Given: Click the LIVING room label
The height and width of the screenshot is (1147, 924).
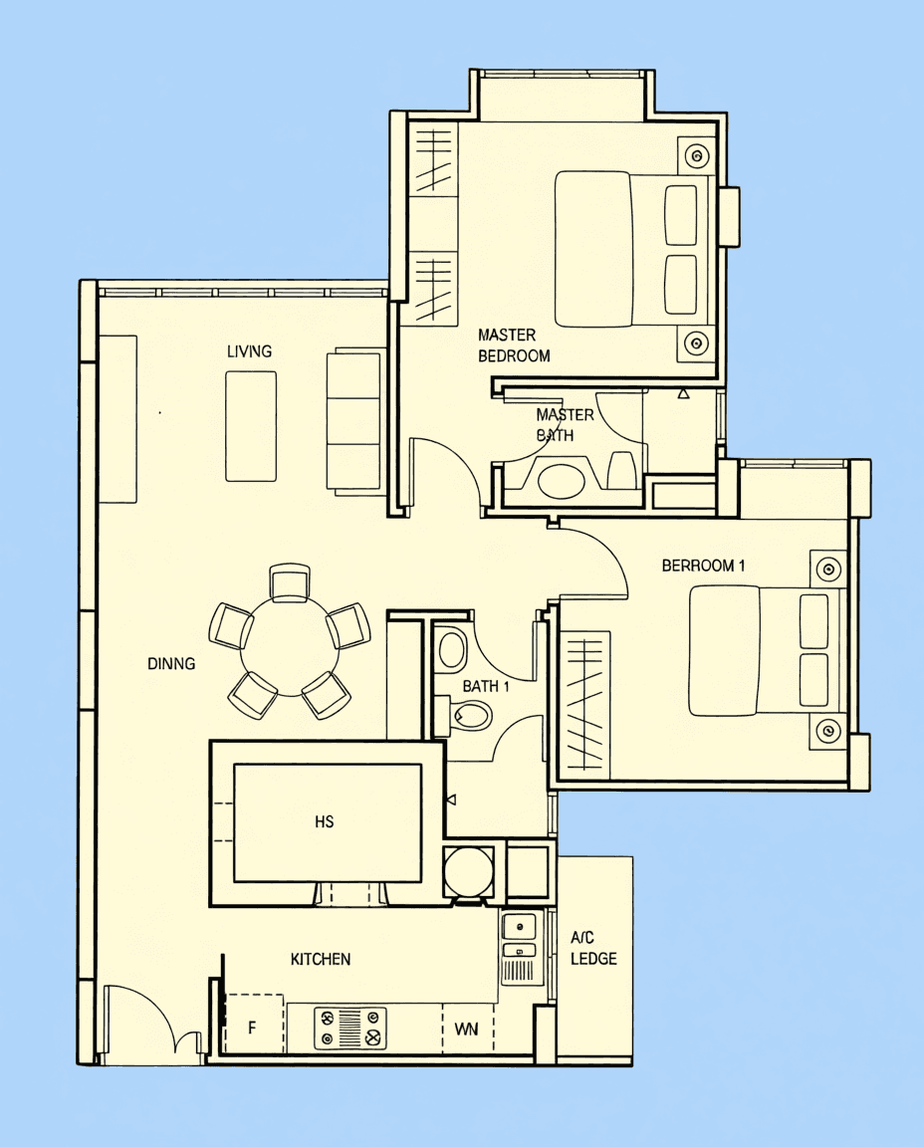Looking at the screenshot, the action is (x=249, y=351).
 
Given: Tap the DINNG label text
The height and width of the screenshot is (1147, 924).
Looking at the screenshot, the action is (x=171, y=663).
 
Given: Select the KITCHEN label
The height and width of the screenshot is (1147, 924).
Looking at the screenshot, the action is (x=321, y=959).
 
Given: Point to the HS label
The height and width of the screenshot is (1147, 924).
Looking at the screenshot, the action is (x=324, y=821).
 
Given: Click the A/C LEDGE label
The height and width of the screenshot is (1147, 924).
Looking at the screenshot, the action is (x=593, y=948).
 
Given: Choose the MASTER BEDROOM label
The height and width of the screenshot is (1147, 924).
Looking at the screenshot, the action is (x=514, y=345).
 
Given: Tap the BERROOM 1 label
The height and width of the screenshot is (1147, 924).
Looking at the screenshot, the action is (x=703, y=566).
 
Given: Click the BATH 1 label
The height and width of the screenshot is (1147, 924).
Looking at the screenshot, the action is (x=486, y=686).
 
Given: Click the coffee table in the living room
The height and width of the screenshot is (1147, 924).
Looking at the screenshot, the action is (x=251, y=426).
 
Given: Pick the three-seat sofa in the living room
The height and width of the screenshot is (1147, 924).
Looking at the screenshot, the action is (x=353, y=422).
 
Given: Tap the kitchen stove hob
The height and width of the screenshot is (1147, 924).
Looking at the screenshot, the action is (x=350, y=1029).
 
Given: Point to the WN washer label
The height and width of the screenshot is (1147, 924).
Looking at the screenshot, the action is (x=466, y=1030).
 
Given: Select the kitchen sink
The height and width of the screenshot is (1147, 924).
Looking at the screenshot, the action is (x=521, y=947).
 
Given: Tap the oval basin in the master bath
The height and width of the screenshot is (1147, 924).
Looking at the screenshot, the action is (x=562, y=481).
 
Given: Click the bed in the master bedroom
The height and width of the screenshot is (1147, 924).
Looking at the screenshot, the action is (x=633, y=249).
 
